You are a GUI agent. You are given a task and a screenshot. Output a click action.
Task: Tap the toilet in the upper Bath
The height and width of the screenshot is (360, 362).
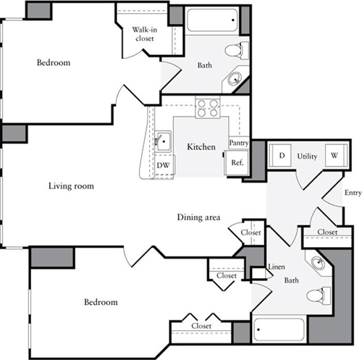point(234,51)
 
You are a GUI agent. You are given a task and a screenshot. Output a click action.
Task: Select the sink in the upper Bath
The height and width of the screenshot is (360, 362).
point(235,79)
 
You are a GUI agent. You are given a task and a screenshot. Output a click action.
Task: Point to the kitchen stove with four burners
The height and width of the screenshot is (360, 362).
point(209,108)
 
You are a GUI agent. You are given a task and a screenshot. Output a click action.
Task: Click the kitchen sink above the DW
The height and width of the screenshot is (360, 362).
point(163,141)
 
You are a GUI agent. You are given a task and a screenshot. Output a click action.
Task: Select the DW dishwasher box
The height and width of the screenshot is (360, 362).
point(164,165)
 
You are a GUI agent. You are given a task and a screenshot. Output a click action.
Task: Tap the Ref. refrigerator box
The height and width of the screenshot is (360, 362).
point(237,164)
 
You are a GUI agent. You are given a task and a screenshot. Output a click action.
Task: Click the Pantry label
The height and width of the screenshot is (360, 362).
point(239,143)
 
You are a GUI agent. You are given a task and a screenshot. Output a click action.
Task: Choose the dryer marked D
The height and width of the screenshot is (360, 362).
point(280,155)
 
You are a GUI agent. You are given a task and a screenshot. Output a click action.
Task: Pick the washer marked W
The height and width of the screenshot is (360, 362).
point(334,155)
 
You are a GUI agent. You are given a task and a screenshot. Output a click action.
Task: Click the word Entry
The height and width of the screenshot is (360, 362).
point(353,193)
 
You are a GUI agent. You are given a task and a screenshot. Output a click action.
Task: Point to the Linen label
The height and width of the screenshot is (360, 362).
point(276,267)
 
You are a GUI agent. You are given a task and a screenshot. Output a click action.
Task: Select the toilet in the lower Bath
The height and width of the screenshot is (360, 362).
point(316,296)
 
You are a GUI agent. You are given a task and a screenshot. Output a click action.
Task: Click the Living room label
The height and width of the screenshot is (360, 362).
point(71,186)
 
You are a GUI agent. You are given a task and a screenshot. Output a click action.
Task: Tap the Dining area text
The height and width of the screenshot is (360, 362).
point(198,217)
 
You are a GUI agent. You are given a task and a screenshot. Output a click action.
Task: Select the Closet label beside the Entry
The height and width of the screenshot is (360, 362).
point(327,232)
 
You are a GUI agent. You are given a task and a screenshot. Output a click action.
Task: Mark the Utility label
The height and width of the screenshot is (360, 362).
point(308,156)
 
